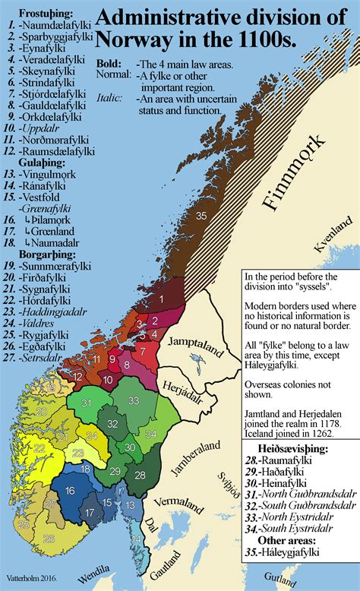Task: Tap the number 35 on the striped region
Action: [x=201, y=216]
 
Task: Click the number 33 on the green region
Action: [x=134, y=400]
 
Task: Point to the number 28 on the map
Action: [x=139, y=474]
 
